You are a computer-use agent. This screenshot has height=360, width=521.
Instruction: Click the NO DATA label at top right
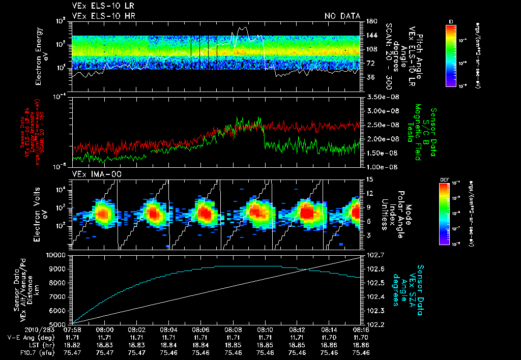point(342,16)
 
